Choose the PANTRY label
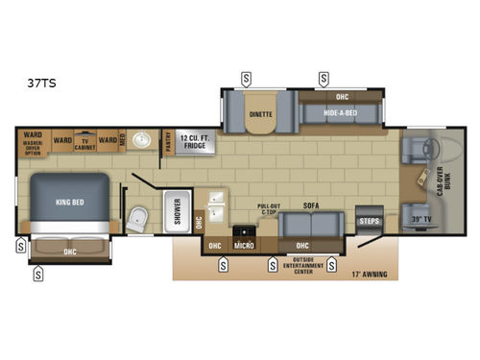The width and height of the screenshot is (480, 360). [x=167, y=142]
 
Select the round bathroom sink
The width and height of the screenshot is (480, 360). [x=144, y=142]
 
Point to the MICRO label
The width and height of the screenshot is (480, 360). [x=245, y=245]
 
